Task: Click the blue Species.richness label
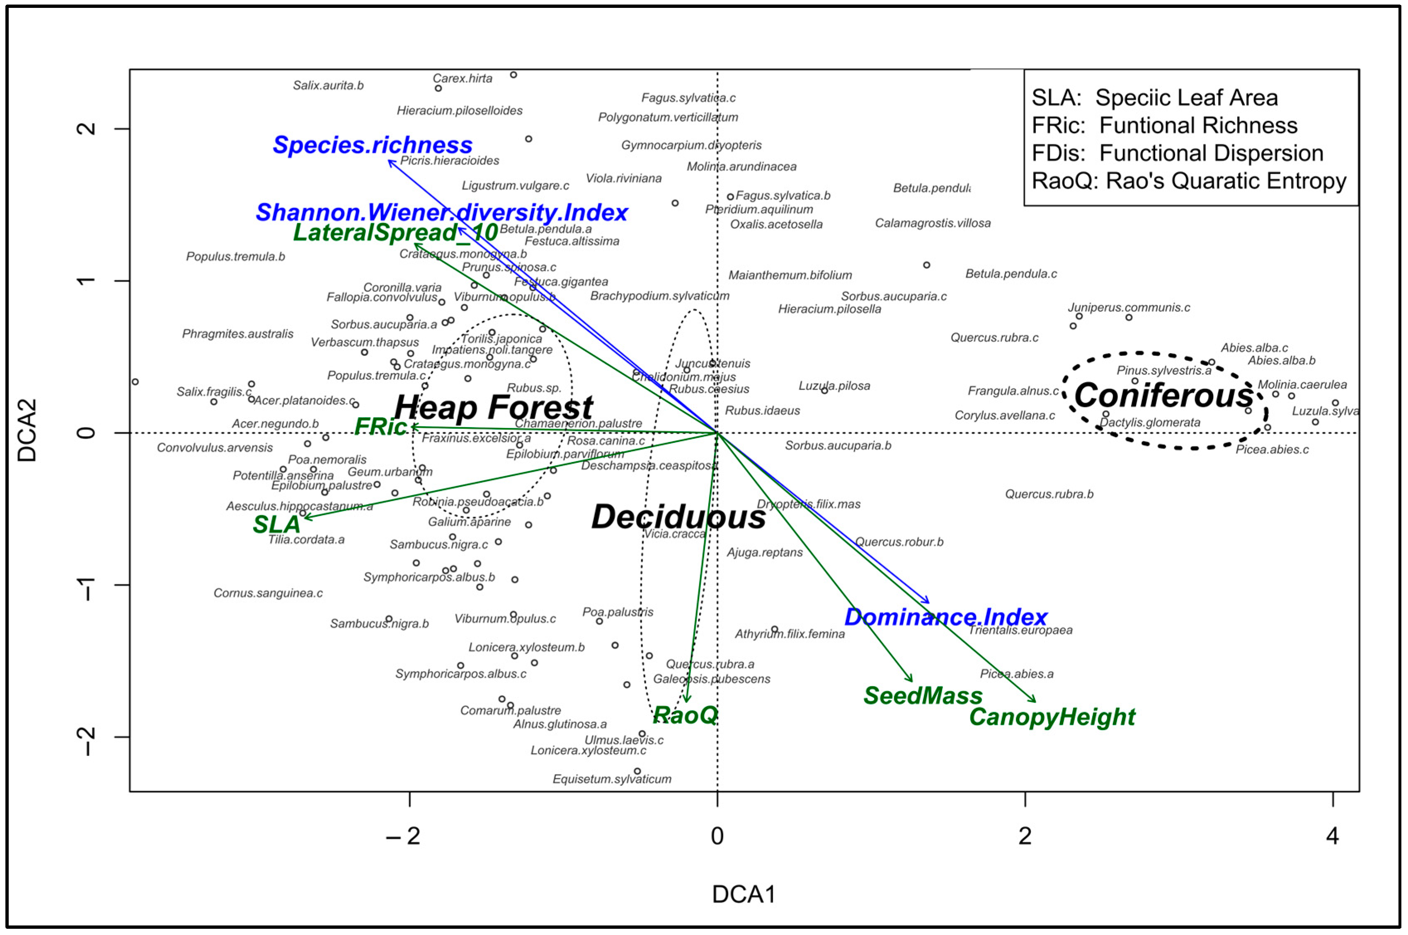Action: pyautogui.click(x=373, y=145)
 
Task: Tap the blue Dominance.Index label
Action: pyautogui.click(x=945, y=617)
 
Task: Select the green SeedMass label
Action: pyautogui.click(x=923, y=696)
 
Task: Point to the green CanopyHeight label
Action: pyautogui.click(x=1052, y=717)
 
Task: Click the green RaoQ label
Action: pyautogui.click(x=686, y=715)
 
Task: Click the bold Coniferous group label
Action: pyautogui.click(x=1163, y=395)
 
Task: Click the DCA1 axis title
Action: pyautogui.click(x=743, y=894)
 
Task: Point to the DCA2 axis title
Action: pyautogui.click(x=27, y=430)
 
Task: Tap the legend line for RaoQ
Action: pyautogui.click(x=1189, y=181)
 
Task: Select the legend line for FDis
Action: pyautogui.click(x=1177, y=153)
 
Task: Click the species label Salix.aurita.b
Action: pyautogui.click(x=328, y=85)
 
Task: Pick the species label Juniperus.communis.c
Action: pyautogui.click(x=1128, y=308)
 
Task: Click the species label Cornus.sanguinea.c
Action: pyautogui.click(x=268, y=593)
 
